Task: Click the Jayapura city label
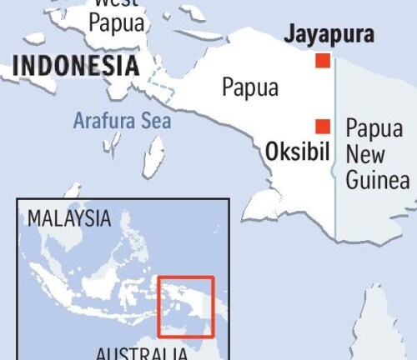tap(329, 35)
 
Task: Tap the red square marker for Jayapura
tap(322, 61)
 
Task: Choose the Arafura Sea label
tap(122, 120)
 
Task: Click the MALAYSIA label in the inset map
tap(69, 218)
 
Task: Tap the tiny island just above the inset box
tap(73, 191)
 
